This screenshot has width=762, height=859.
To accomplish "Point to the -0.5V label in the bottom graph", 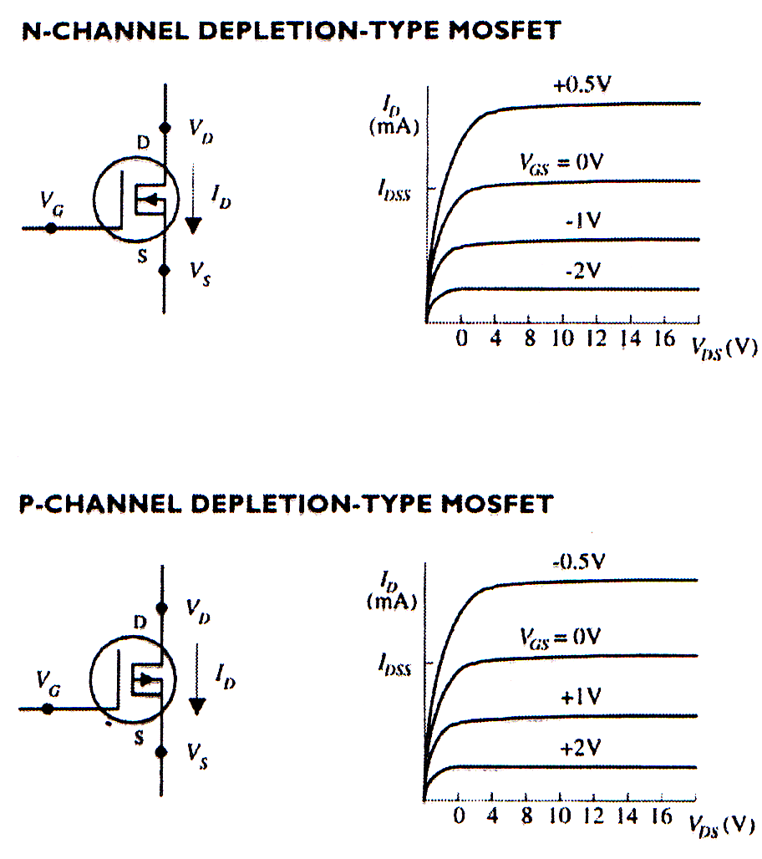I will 577,562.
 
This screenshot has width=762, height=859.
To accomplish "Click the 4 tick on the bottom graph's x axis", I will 492,816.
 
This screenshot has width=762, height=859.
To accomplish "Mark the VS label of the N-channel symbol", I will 199,273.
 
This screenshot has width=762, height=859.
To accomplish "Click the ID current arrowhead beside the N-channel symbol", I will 194,226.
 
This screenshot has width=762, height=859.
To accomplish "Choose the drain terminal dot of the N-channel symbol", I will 165,128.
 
